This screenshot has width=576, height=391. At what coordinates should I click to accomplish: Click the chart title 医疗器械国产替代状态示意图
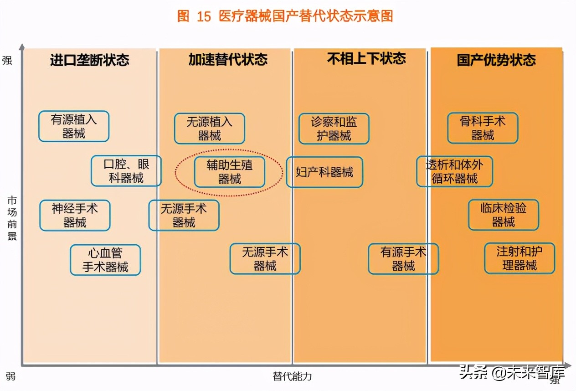[285, 16]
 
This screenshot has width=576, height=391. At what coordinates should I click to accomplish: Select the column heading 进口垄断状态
[90, 60]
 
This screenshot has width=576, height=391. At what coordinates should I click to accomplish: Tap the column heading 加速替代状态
[228, 60]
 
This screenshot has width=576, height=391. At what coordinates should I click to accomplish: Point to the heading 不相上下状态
[366, 58]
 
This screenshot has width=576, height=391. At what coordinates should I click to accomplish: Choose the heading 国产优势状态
[496, 60]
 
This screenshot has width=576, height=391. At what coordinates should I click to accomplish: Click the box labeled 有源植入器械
[74, 126]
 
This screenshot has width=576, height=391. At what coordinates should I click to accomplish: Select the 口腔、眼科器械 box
[126, 171]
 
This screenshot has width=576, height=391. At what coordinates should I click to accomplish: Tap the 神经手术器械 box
[75, 216]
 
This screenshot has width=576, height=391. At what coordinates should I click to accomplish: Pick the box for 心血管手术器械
[105, 260]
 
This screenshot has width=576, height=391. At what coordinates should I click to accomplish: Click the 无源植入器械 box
[210, 129]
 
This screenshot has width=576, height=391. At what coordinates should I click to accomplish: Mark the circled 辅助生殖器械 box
[229, 172]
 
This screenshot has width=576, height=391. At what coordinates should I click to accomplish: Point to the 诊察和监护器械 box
[334, 129]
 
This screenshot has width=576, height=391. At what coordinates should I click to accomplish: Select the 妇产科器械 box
[324, 172]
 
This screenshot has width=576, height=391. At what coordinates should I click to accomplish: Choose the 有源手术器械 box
[403, 259]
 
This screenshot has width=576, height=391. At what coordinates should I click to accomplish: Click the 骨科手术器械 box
[483, 128]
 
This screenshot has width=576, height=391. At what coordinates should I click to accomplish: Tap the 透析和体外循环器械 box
[455, 171]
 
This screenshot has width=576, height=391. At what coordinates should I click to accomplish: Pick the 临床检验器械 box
[504, 215]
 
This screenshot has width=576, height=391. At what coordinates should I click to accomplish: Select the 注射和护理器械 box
[519, 258]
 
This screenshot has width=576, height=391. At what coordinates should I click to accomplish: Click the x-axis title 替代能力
[293, 376]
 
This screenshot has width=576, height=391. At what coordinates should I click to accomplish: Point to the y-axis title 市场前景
[12, 218]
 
